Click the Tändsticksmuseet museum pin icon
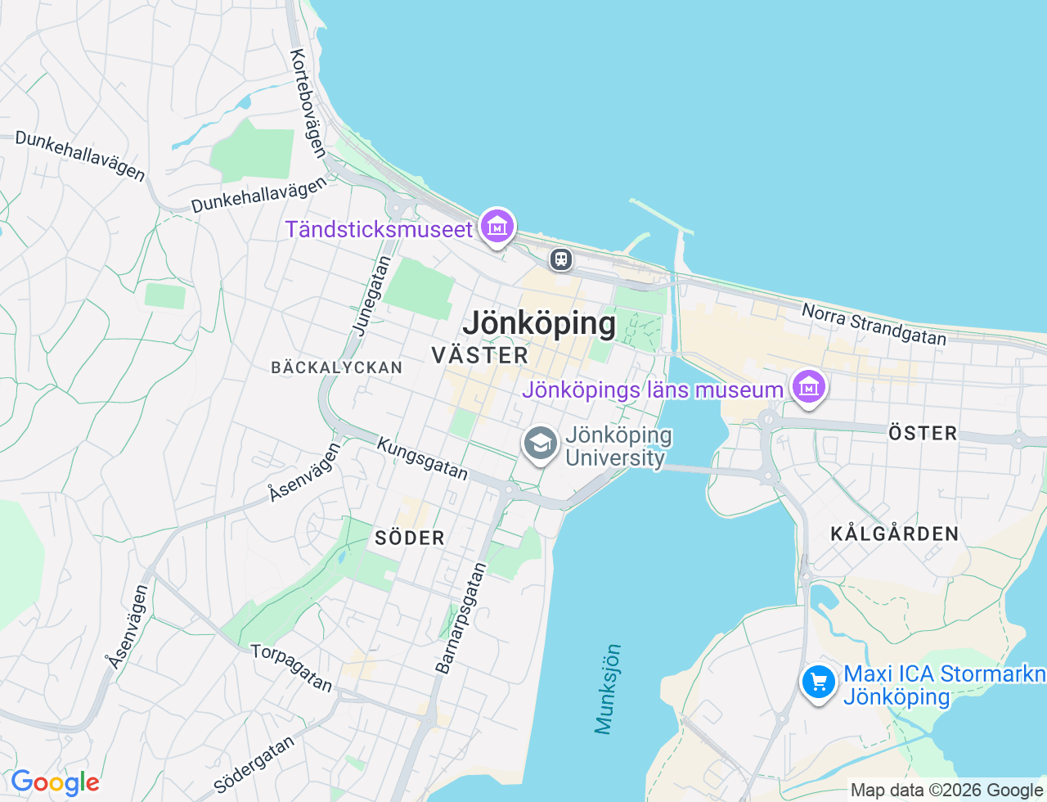(x=497, y=226)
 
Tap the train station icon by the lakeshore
(x=560, y=259)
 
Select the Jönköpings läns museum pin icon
(x=808, y=387)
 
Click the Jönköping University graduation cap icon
(x=540, y=444)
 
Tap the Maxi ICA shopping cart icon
(x=818, y=682)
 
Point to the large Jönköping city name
(x=539, y=324)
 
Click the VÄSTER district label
(x=480, y=355)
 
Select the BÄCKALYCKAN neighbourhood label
(x=337, y=367)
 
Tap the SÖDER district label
(x=410, y=538)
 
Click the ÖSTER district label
(x=923, y=433)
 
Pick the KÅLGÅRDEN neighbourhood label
(x=895, y=534)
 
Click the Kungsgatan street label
(x=422, y=458)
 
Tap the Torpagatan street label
(x=292, y=668)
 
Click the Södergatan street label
(x=254, y=764)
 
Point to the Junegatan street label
(x=372, y=295)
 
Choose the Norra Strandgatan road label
(x=874, y=324)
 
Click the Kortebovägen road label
(x=308, y=103)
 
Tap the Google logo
(x=55, y=783)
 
